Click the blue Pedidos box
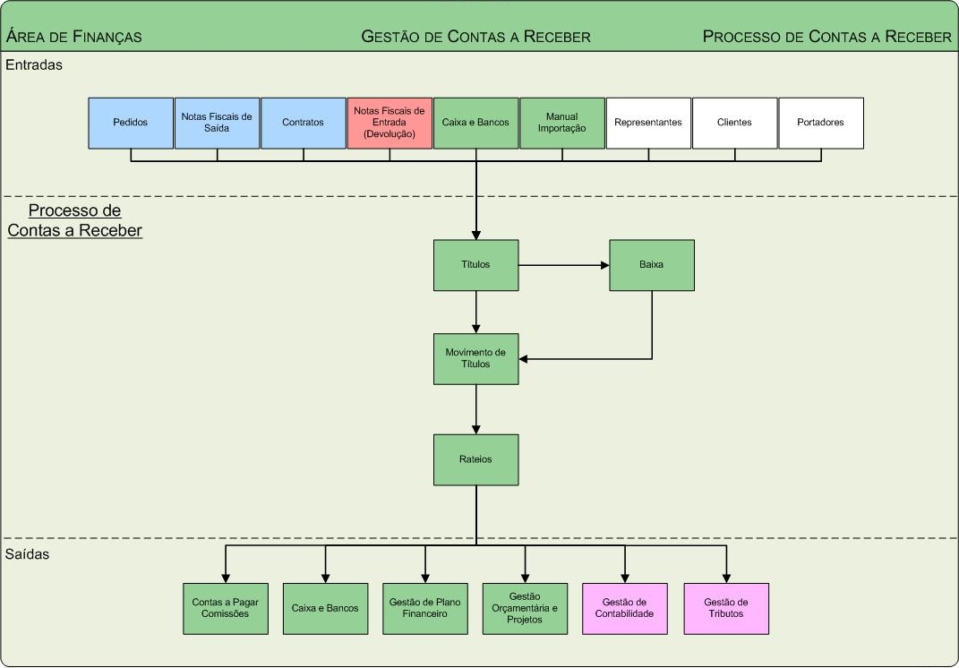click(x=131, y=123)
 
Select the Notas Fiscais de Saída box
click(x=217, y=123)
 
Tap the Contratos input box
click(x=303, y=123)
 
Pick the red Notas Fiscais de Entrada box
click(x=390, y=123)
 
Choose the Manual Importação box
click(x=562, y=123)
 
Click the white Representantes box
click(x=648, y=123)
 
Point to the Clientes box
click(x=734, y=123)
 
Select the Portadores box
click(x=820, y=123)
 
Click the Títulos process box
click(x=475, y=265)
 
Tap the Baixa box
click(x=652, y=265)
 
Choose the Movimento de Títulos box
click(x=475, y=359)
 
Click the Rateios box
click(x=475, y=460)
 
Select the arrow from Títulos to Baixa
click(x=563, y=265)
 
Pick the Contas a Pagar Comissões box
click(x=225, y=609)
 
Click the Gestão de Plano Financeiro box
click(x=424, y=609)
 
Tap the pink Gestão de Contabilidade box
click(x=625, y=609)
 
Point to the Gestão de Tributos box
click(x=725, y=609)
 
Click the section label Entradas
click(x=34, y=64)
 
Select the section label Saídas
click(x=28, y=554)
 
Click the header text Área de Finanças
click(x=74, y=37)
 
